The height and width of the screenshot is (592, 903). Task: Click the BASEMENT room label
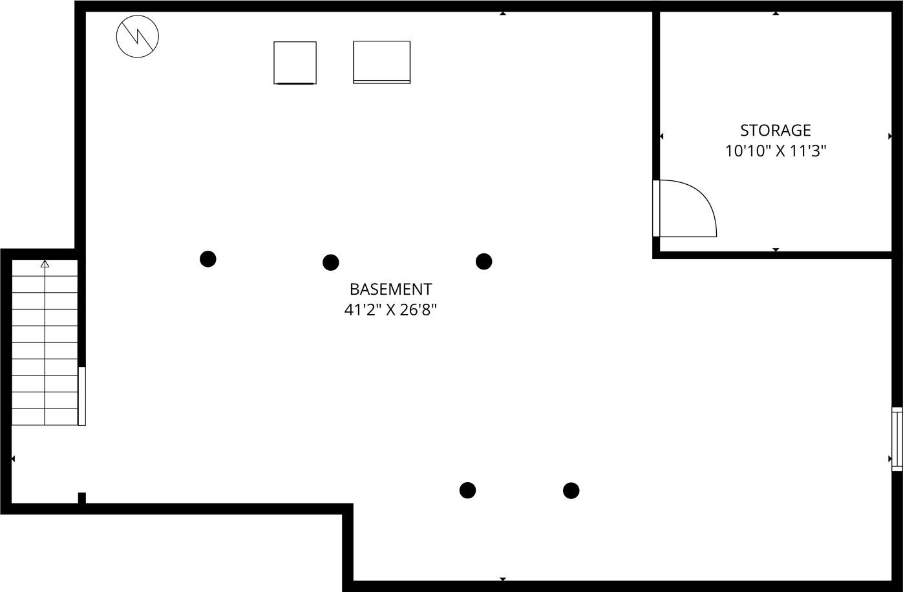point(390,289)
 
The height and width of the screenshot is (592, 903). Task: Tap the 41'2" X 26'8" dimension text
point(390,310)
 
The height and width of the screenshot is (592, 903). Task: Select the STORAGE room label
point(775,131)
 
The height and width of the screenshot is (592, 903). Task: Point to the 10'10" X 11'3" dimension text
point(776,152)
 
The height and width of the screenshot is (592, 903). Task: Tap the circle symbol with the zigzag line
point(138,36)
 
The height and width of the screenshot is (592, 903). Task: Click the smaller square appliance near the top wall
point(295,63)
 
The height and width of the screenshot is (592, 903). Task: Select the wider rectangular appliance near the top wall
point(381,62)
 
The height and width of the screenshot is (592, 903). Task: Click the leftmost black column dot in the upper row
point(207,259)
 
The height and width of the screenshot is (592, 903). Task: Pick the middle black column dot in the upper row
point(330,262)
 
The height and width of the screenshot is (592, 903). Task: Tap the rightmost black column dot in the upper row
point(483,261)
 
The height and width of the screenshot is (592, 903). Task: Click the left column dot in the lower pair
point(467,490)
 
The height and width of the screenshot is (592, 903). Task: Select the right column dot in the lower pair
point(571,491)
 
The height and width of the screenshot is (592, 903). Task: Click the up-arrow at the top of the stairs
point(45,264)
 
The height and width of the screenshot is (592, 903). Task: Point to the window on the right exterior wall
point(897,439)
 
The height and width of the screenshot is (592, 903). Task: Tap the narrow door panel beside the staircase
point(82,396)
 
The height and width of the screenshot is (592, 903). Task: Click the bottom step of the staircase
point(45,417)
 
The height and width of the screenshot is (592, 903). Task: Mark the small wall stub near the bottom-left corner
point(82,498)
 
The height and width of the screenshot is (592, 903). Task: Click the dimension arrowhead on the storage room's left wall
point(661,136)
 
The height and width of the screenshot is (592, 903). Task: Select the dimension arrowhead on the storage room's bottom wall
point(776,249)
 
